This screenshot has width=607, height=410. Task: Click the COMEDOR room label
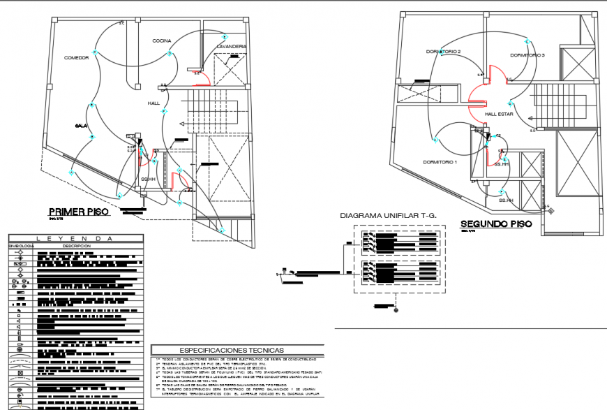coord(76,58)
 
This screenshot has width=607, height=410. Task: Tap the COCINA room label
coord(162,42)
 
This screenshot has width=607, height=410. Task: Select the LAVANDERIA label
coord(231,47)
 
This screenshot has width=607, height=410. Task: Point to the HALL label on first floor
coord(153,103)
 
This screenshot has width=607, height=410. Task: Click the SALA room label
coord(81,126)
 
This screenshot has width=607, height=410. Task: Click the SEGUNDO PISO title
coord(496,224)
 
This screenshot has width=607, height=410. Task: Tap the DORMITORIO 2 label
coord(444,52)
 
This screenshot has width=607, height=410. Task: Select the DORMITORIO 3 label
coord(527,55)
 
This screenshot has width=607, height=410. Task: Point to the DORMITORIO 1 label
coord(440,162)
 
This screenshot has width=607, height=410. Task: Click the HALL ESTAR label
coord(500,113)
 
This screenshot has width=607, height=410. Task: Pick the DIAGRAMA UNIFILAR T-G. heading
coord(388,216)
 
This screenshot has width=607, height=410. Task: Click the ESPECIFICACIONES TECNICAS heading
coord(237,350)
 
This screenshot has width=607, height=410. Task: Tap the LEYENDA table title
coord(75,239)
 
